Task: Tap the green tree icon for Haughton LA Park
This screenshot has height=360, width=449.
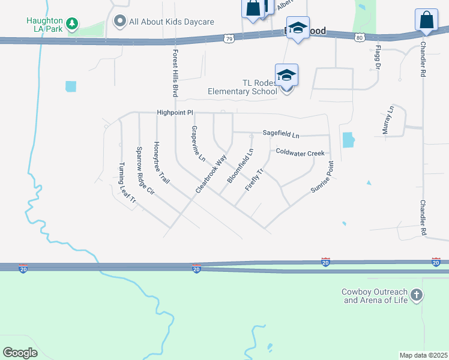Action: coord(72,23)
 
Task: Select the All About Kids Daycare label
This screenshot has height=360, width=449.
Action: coord(171,22)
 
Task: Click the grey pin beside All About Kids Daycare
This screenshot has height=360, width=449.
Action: coord(120,22)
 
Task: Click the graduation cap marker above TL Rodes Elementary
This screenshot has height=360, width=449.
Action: coord(287,75)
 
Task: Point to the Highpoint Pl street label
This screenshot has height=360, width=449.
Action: coord(175,112)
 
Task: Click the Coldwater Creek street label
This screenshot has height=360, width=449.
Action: coord(300,152)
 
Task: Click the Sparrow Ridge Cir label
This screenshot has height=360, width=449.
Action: coord(146,172)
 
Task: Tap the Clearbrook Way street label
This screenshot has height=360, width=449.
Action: coord(211,174)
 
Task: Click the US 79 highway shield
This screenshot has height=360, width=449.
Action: coord(228,38)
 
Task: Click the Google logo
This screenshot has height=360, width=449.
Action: coord(20,352)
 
